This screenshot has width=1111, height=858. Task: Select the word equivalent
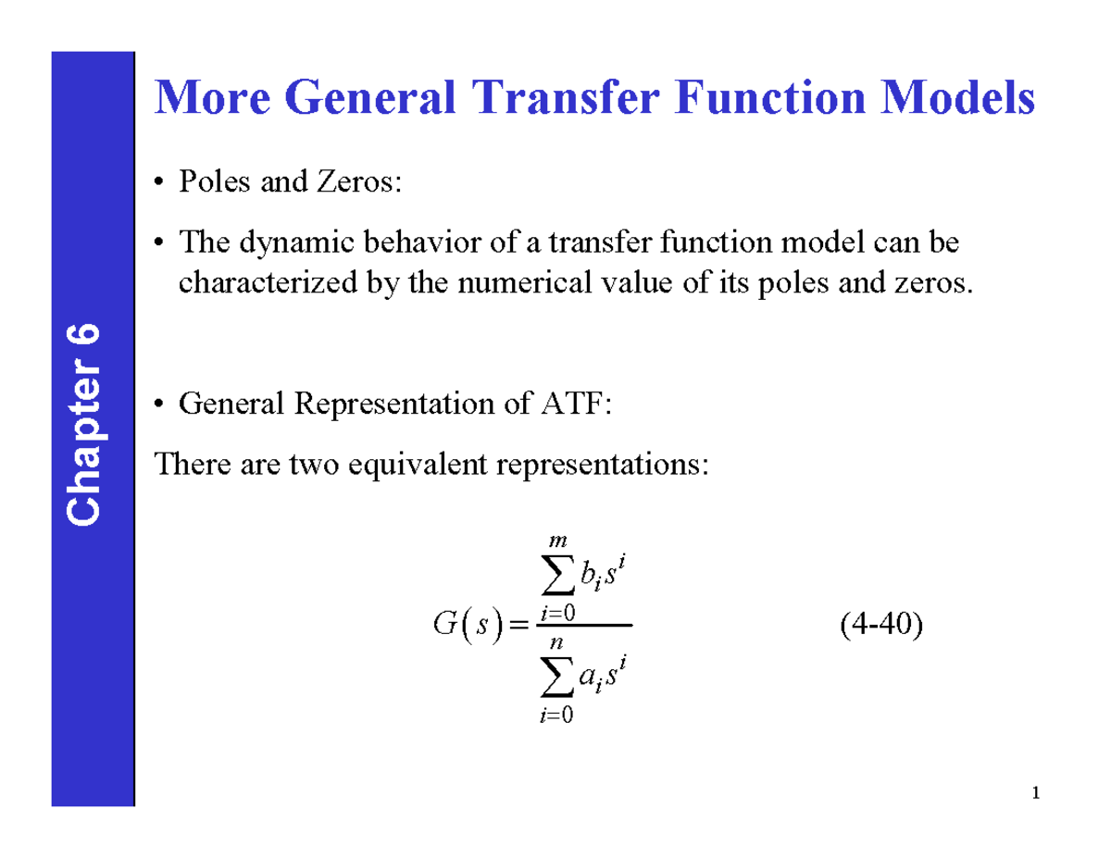(x=421, y=464)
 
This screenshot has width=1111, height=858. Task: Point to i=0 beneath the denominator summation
(x=555, y=713)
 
